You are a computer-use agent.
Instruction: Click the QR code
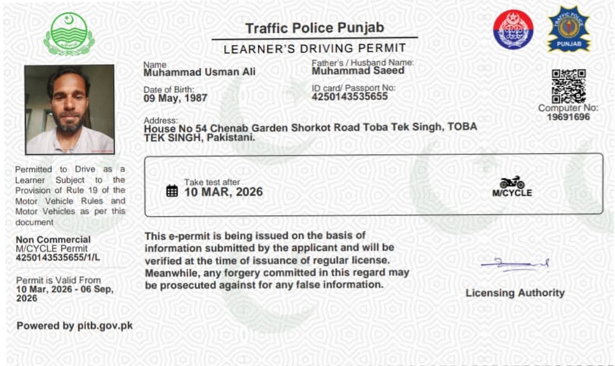pos(568,86)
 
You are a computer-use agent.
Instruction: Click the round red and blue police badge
pos(513,30)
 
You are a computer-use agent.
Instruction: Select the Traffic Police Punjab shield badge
pos(569,29)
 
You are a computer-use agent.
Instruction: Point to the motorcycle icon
pos(512,182)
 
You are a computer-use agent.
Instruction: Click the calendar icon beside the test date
pos(172,191)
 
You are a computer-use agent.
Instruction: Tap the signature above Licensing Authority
pos(514,264)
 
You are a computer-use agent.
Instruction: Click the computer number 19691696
pos(568,117)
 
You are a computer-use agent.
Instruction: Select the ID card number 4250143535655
pos(349,97)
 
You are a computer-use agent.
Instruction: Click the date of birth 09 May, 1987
pos(175,98)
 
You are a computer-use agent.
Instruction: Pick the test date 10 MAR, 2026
pos(223,192)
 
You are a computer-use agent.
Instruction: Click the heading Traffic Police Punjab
pos(314,28)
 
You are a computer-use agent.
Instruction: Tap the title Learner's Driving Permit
pos(314,48)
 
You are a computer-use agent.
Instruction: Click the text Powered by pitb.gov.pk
pos(74,326)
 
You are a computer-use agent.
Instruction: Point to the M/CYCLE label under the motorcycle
pos(512,193)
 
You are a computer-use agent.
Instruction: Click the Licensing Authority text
pos(515,293)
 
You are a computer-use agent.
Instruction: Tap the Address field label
pos(161,119)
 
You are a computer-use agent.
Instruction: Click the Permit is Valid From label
pos(58,280)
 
